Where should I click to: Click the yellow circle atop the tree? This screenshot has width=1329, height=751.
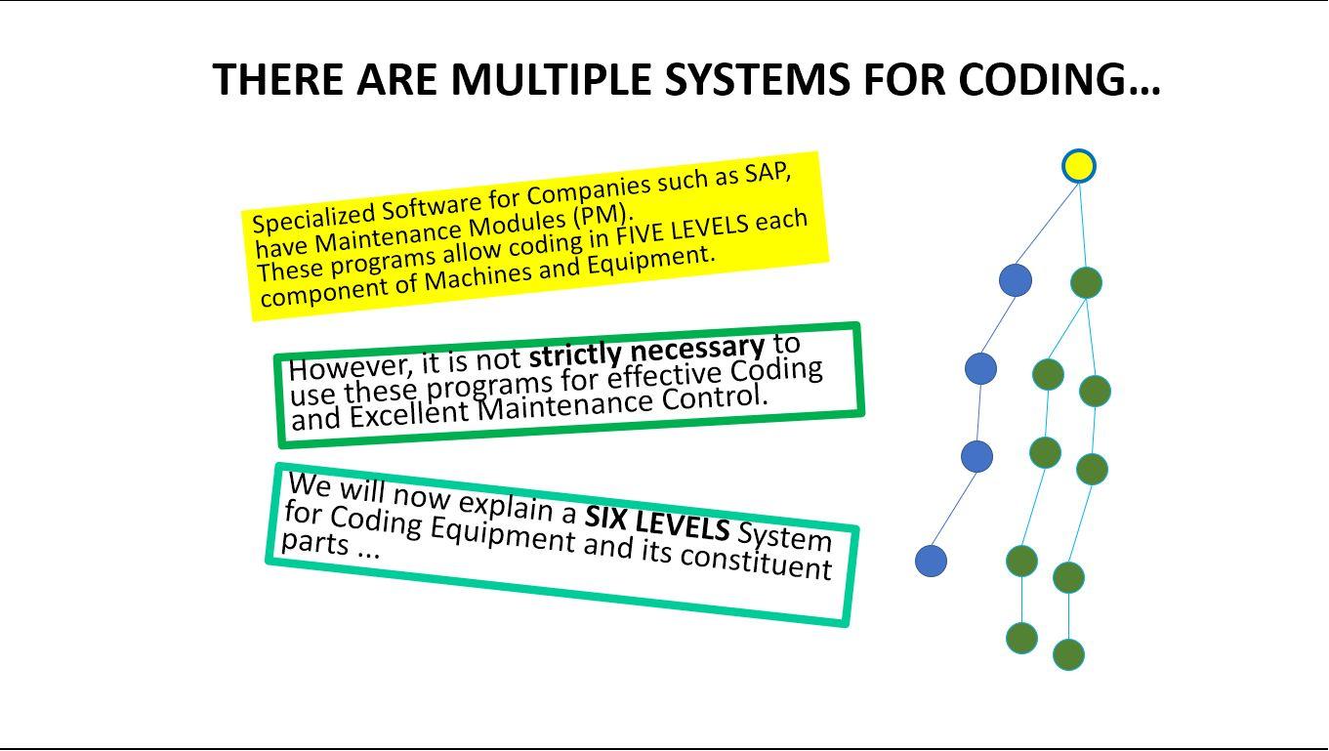[1079, 166]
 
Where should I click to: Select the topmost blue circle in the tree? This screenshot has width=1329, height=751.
[1016, 280]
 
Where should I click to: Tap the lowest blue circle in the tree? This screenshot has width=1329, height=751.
[931, 561]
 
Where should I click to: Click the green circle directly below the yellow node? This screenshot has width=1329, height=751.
[1086, 282]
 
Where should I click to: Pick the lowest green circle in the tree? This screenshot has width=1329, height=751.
[1068, 655]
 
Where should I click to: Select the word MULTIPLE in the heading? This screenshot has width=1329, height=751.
[551, 79]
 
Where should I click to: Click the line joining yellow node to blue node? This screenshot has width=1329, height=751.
[1046, 225]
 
